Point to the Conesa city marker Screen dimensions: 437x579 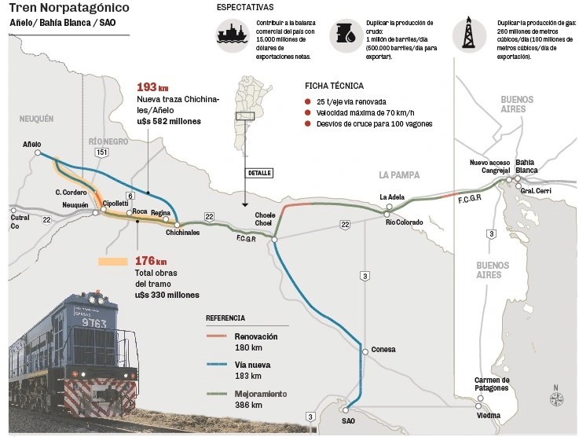(x=364, y=350)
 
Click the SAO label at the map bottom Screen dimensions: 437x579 (x=347, y=420)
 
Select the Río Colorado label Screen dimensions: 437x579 (x=404, y=221)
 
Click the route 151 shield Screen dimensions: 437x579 (x=101, y=152)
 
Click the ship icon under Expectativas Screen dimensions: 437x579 (x=232, y=35)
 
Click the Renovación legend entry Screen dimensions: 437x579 (x=256, y=336)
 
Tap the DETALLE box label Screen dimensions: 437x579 (x=258, y=172)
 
